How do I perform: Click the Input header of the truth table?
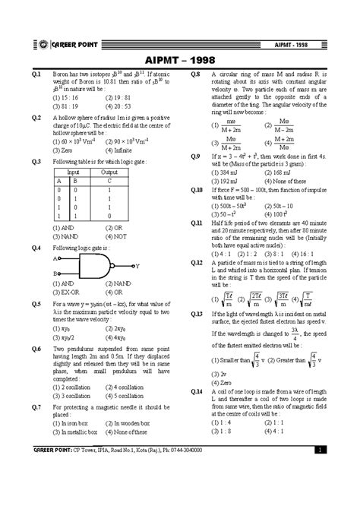74,172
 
